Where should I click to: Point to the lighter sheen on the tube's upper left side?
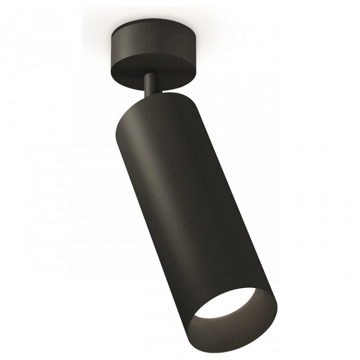click(130, 141)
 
